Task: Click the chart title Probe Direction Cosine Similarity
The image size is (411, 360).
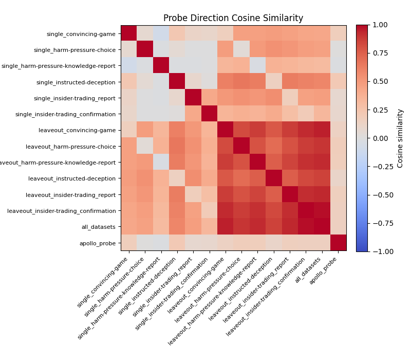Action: pos(233,18)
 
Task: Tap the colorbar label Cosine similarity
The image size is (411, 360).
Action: pos(400,138)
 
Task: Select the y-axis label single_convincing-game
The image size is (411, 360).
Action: pos(81,34)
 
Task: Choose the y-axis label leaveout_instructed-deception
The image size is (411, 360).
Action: pos(72,178)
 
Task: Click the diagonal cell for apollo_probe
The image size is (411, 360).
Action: pos(338,243)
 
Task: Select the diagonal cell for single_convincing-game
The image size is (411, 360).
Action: pos(129,33)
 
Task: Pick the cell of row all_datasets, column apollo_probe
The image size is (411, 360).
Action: pos(338,227)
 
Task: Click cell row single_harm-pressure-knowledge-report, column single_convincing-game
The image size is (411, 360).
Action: pos(129,65)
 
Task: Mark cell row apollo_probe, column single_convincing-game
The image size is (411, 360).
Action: pos(129,243)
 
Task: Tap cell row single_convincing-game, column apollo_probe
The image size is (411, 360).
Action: pos(338,33)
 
